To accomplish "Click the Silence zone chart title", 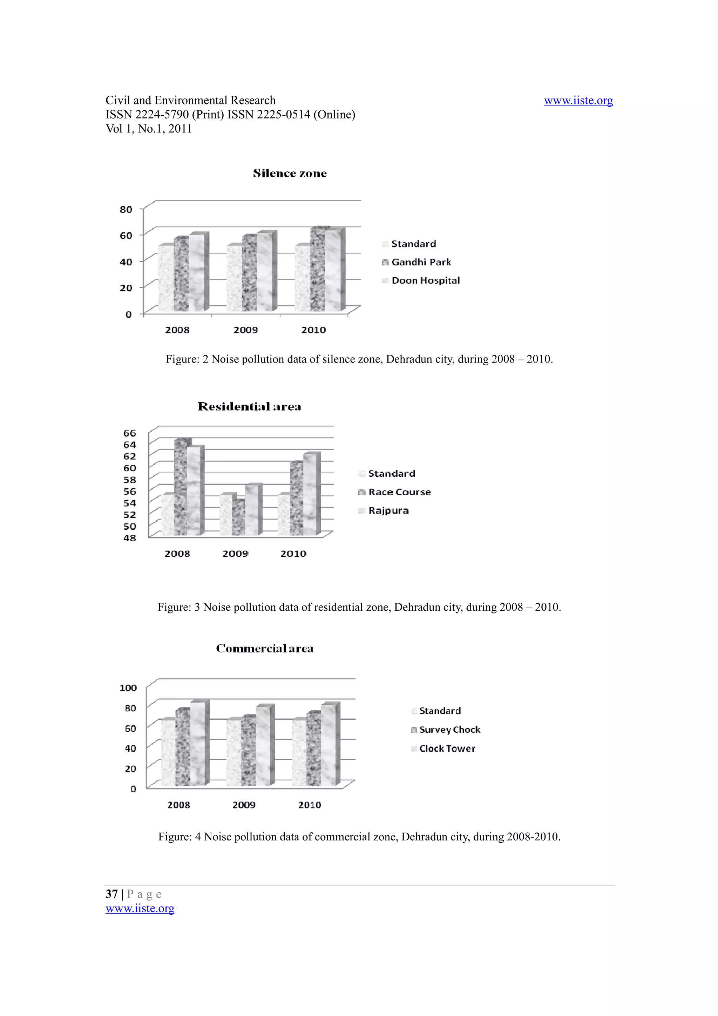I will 290,174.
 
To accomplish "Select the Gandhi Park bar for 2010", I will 317,270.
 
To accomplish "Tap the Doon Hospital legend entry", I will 425,280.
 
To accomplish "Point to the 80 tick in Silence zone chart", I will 126,209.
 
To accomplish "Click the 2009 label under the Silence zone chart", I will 245,330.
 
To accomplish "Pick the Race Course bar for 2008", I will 181,487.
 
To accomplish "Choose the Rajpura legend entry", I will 388,511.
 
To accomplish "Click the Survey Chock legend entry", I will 449,730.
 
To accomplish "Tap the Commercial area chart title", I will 265,649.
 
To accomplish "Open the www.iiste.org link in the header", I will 578,101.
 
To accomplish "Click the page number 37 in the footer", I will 111,894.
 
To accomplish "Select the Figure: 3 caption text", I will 359,607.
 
